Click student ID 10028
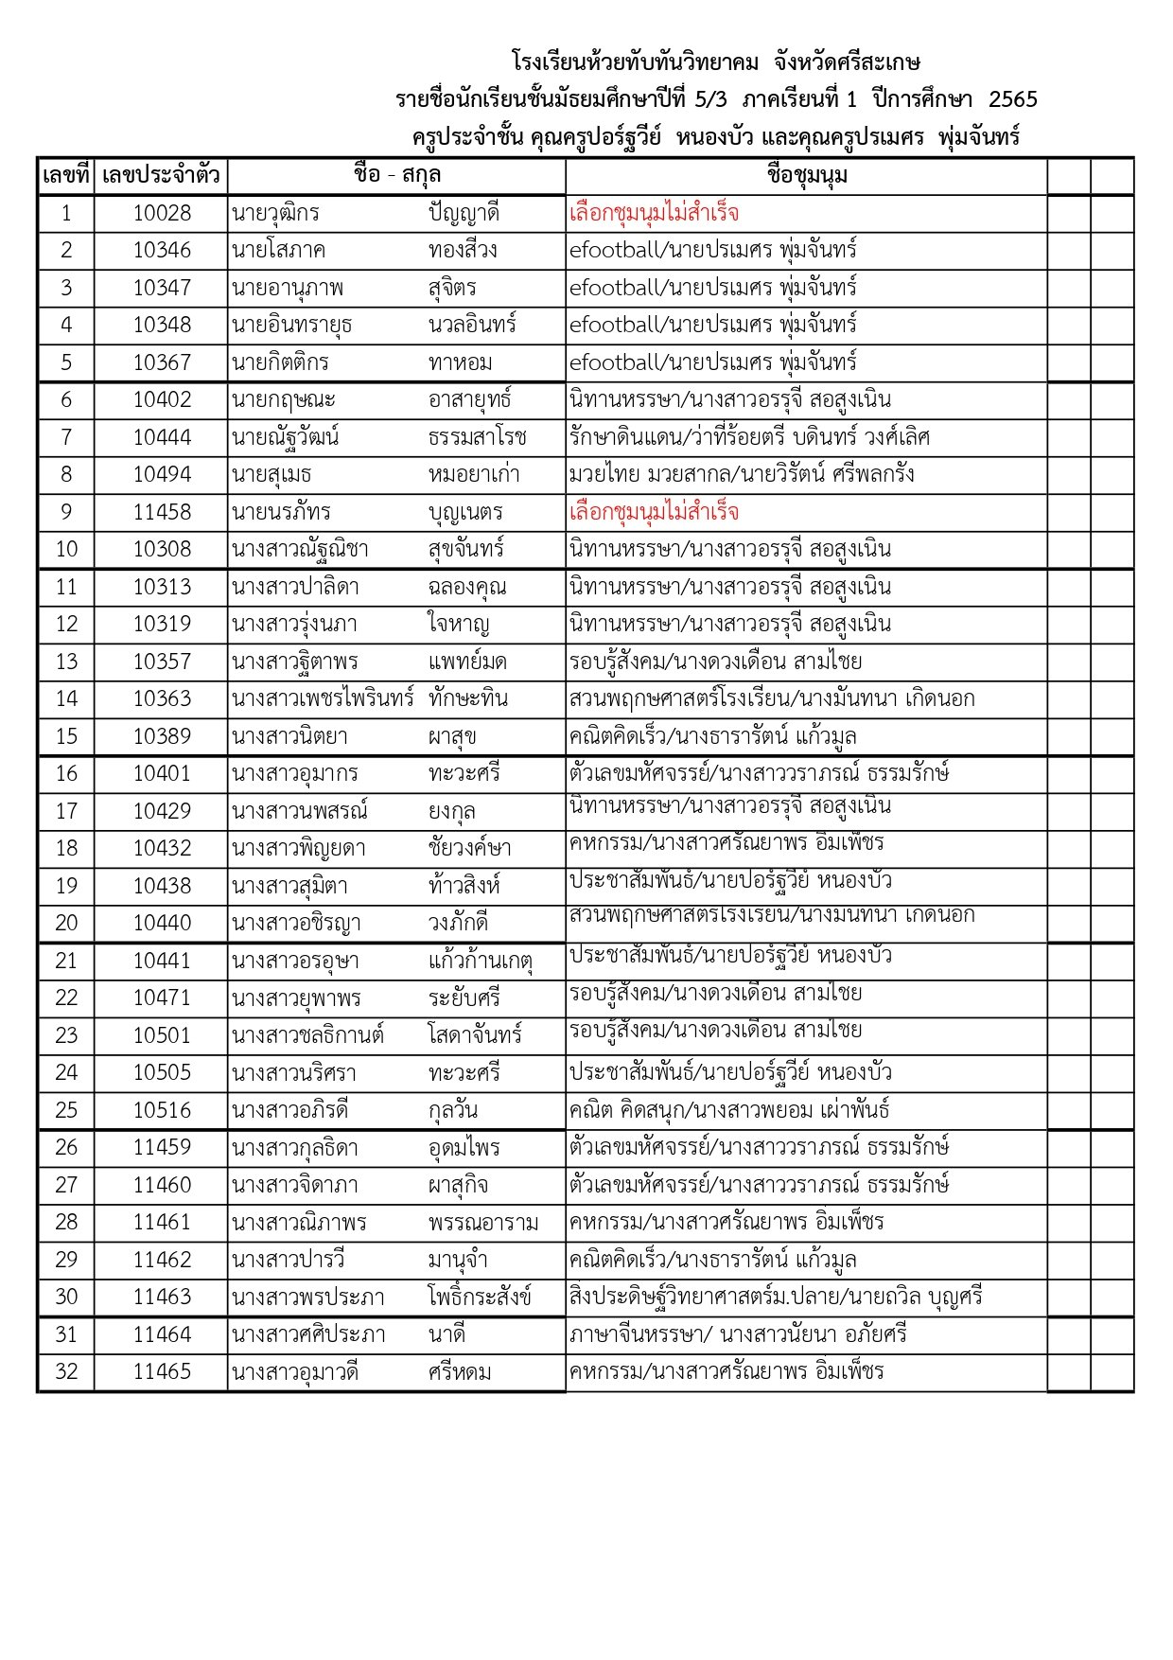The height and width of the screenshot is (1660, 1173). [162, 214]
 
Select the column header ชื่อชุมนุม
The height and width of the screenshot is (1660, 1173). [807, 176]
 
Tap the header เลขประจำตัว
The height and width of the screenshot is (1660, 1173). [161, 176]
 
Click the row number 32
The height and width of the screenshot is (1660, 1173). [66, 1372]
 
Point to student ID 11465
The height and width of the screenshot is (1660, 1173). [162, 1372]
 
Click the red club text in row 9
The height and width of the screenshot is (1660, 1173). [654, 513]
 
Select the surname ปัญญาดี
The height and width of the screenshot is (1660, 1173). [464, 214]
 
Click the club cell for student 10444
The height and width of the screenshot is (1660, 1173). [749, 437]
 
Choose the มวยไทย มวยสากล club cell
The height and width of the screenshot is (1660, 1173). [742, 475]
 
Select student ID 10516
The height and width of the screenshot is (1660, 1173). [162, 1110]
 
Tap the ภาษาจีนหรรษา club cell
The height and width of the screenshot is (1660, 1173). [738, 1335]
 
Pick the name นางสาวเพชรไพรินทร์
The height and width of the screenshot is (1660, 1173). [323, 699]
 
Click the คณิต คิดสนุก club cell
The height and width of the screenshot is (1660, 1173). [729, 1110]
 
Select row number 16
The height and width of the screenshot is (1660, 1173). [66, 774]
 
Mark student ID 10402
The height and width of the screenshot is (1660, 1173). [162, 400]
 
